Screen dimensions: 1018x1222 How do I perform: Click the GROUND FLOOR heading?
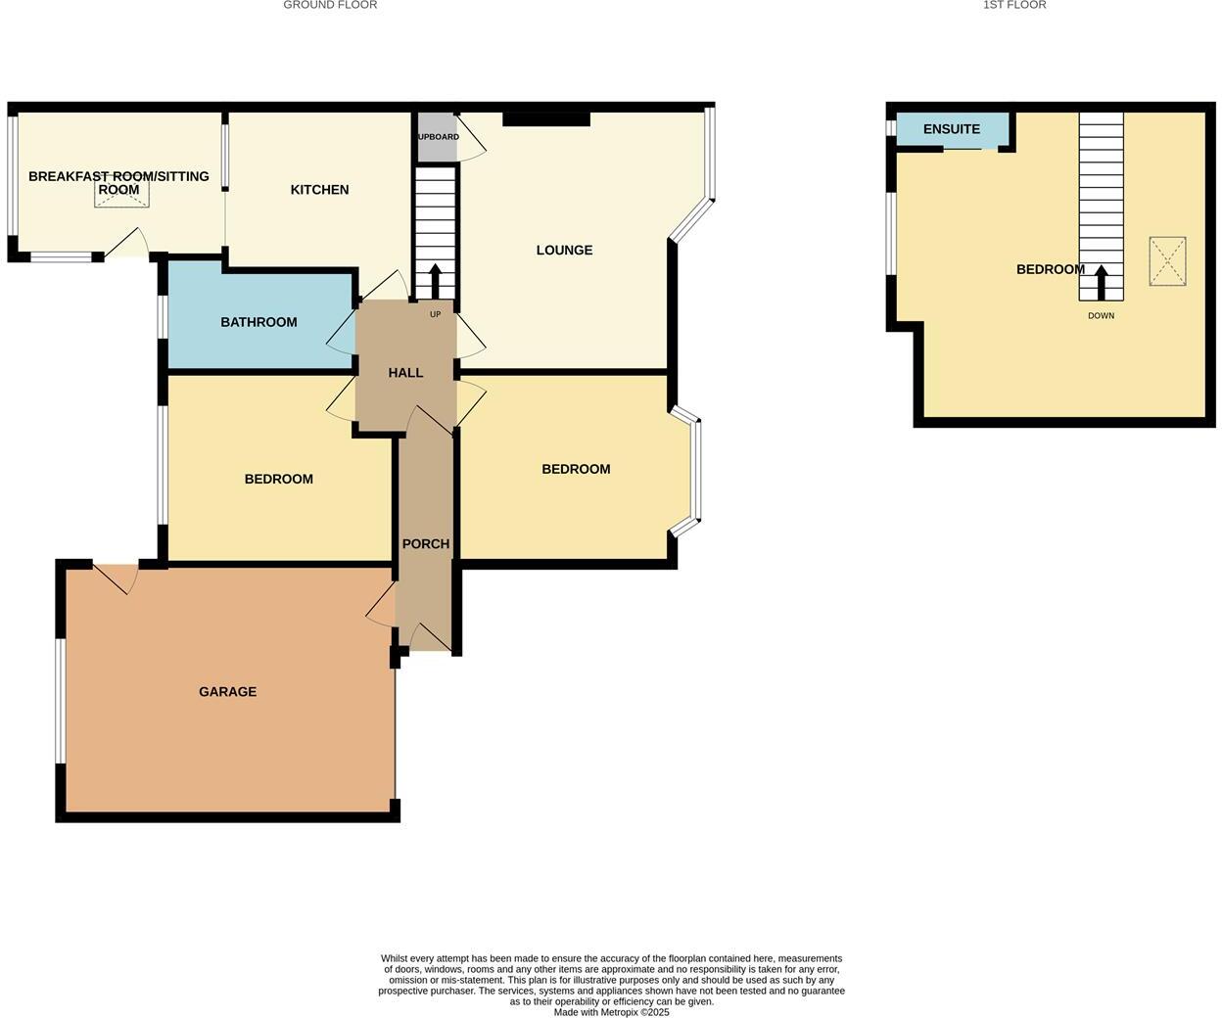click(x=330, y=5)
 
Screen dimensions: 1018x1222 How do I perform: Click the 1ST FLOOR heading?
click(x=1014, y=5)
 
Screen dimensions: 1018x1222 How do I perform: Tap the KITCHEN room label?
click(x=319, y=190)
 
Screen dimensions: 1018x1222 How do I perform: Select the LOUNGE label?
click(x=564, y=251)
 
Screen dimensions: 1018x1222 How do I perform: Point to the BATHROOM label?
click(x=258, y=322)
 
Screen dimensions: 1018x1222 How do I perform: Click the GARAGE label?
click(x=227, y=692)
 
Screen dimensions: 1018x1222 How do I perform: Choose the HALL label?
click(x=405, y=373)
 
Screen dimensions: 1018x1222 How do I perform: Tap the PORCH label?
click(x=426, y=544)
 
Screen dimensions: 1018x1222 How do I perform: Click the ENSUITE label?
click(x=951, y=129)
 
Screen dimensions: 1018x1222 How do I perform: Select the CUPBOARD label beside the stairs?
click(x=438, y=137)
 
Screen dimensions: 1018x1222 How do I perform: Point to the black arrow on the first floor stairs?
click(x=1101, y=283)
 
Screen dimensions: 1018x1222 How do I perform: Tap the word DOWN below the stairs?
click(x=1101, y=316)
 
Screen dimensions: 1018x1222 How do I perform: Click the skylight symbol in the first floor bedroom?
click(x=1167, y=261)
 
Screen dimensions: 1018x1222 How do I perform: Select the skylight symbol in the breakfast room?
click(x=122, y=195)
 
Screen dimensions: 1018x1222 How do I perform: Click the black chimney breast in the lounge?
click(x=546, y=119)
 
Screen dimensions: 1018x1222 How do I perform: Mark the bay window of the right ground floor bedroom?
click(x=695, y=470)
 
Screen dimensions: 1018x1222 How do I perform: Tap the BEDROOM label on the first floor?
click(x=1050, y=269)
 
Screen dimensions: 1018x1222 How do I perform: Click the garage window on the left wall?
click(x=60, y=700)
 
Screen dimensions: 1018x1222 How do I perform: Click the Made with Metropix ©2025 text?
click(x=611, y=1012)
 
